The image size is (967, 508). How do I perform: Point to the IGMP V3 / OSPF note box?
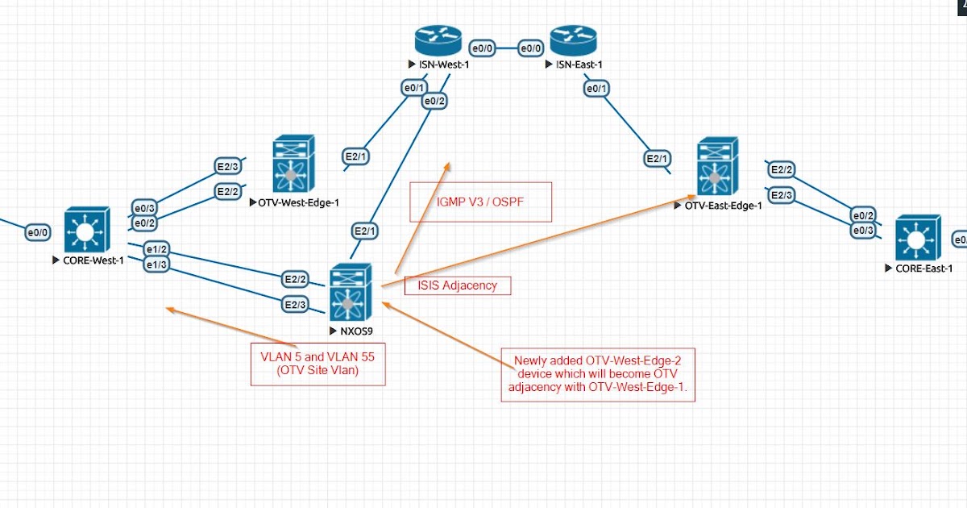pyautogui.click(x=480, y=201)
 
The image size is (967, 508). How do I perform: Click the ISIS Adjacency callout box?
pyautogui.click(x=457, y=285)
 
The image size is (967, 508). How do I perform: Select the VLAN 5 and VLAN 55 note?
pyautogui.click(x=317, y=363)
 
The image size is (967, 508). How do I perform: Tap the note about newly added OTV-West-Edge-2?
pyautogui.click(x=597, y=375)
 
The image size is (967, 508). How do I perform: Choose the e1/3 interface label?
pyautogui.click(x=156, y=264)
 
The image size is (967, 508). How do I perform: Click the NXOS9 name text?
pyautogui.click(x=355, y=331)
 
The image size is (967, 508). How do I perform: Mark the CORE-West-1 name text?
pyautogui.click(x=93, y=260)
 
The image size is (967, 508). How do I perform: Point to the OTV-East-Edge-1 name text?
pyautogui.click(x=722, y=206)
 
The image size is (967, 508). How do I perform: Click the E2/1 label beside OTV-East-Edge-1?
pyautogui.click(x=657, y=159)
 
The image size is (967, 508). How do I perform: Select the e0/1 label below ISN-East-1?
pyautogui.click(x=596, y=88)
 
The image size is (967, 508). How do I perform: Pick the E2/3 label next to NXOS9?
pyautogui.click(x=294, y=304)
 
